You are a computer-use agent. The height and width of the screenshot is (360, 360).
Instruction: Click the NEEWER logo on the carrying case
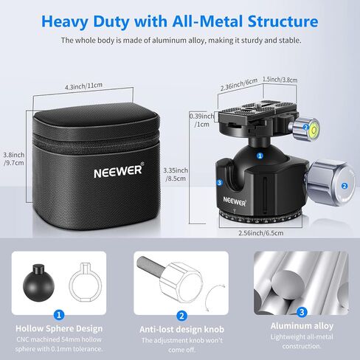[119, 170]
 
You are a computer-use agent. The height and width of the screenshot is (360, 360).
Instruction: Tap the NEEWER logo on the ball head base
[235, 201]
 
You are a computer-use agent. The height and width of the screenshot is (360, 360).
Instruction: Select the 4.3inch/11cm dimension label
[83, 86]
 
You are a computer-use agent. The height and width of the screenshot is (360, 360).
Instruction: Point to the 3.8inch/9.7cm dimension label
[14, 159]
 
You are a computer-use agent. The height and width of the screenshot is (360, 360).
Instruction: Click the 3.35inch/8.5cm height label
[176, 174]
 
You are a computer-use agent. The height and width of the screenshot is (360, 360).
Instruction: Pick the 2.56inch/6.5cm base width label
[261, 233]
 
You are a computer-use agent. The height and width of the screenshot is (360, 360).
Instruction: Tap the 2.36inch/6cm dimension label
[239, 84]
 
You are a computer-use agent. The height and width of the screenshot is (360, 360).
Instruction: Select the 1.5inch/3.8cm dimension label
[280, 80]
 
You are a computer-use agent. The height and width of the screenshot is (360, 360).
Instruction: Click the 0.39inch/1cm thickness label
[202, 120]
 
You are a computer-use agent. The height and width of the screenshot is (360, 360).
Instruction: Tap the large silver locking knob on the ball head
[330, 183]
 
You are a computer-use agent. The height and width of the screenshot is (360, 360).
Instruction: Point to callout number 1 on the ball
[260, 156]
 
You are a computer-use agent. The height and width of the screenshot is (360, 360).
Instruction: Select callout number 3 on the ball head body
[219, 182]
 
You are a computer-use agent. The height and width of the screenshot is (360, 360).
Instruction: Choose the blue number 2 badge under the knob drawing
[181, 316]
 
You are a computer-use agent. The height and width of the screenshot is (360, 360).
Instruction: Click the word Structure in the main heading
[283, 21]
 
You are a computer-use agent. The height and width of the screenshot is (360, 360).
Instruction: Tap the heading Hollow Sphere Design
[59, 328]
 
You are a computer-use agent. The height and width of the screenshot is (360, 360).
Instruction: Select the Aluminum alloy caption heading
[302, 326]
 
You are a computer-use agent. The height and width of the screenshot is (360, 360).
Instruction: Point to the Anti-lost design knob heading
[181, 329]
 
